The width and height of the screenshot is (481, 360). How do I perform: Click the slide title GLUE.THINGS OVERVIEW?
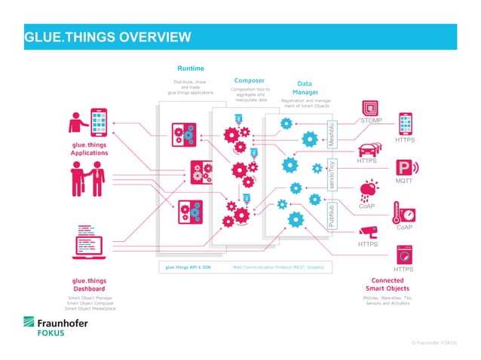(x=107, y=38)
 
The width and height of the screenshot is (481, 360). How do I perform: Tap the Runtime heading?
(x=190, y=69)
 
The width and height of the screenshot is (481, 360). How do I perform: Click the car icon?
(x=367, y=149)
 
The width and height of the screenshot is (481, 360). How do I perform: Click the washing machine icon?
(x=406, y=252)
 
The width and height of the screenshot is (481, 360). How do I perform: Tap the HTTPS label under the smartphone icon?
(x=406, y=140)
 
